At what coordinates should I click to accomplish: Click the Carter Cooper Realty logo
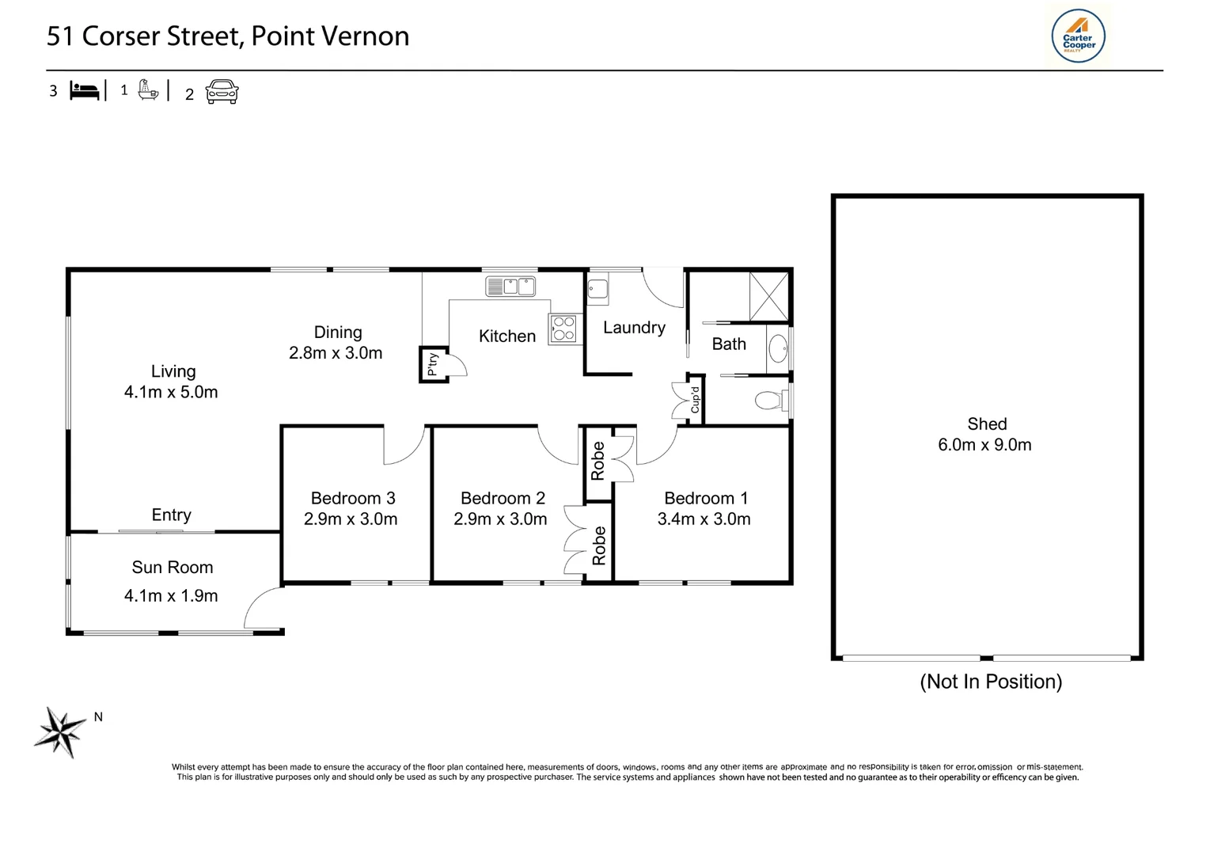(1078, 36)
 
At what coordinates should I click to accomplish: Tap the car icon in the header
(222, 91)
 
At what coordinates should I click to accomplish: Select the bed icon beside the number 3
(85, 91)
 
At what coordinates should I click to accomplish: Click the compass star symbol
(60, 732)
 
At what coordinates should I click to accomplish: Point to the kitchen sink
(510, 286)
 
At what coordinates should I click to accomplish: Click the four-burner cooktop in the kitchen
(563, 328)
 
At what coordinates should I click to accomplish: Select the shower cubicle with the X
(768, 296)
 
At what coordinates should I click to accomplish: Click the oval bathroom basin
(778, 348)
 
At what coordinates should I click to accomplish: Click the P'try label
(432, 364)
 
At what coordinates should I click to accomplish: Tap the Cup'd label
(695, 400)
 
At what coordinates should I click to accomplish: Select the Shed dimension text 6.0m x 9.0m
(984, 445)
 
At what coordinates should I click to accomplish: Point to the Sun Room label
(173, 567)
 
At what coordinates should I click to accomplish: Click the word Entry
(171, 515)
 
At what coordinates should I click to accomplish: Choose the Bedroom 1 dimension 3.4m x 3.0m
(704, 519)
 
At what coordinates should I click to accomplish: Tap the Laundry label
(634, 328)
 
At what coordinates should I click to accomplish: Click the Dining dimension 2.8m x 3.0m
(336, 353)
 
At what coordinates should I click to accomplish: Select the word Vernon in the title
(365, 36)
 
